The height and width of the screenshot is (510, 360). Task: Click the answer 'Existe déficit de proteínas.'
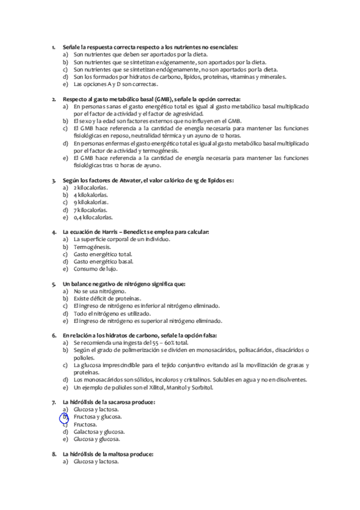[107, 298]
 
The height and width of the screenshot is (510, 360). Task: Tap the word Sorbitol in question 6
[202, 387]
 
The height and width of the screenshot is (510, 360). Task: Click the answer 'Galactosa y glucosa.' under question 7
[99, 431]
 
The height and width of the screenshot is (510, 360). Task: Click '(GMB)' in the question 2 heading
[162, 99]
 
